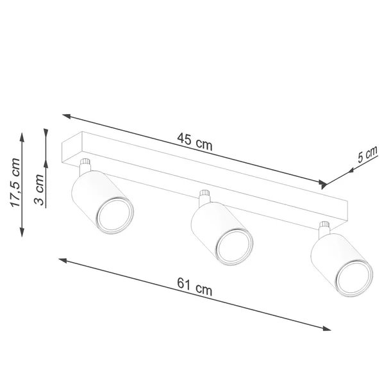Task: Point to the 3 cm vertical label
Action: (38, 190)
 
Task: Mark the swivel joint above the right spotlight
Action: (324, 227)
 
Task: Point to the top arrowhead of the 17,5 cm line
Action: (22, 137)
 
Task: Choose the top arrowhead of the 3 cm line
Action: (46, 133)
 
